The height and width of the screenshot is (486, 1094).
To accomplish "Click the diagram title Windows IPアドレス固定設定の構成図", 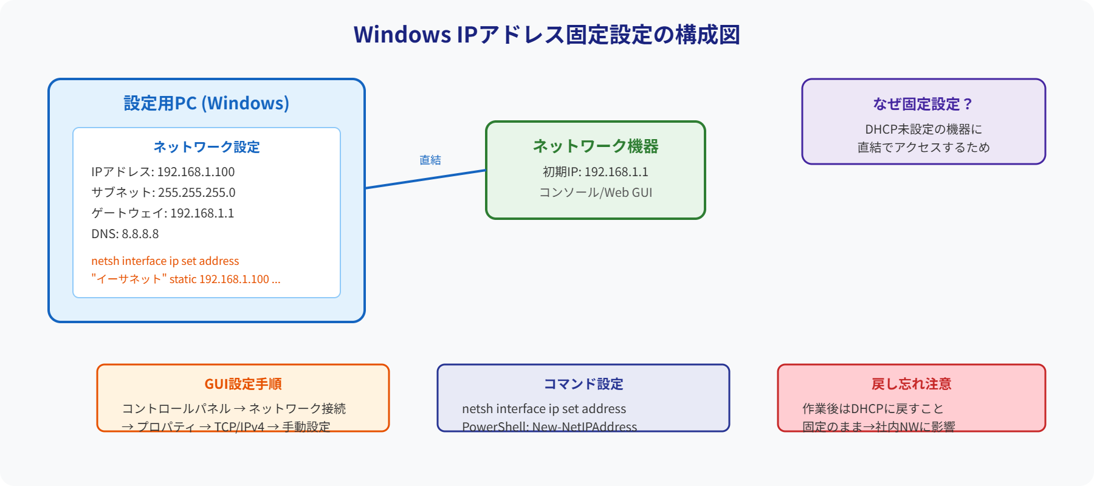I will click(546, 35).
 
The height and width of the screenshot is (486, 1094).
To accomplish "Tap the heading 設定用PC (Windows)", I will click(207, 103).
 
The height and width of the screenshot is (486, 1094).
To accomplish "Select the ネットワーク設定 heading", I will click(207, 147).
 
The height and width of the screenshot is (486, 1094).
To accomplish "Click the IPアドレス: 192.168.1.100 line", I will click(163, 172).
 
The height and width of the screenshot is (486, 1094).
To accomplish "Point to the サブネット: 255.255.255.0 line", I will click(163, 193).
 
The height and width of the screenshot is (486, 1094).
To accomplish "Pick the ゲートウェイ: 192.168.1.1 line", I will click(162, 213).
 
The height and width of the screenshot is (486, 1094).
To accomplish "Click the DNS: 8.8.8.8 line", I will click(125, 234).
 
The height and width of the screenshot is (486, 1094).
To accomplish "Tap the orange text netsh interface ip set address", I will click(165, 261).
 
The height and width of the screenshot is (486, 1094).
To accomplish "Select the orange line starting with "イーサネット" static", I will click(186, 279).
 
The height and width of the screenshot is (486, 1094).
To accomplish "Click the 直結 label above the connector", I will click(430, 160).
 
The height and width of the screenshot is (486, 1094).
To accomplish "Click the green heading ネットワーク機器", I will click(596, 146).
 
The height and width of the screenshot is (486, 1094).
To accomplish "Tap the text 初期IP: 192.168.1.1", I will click(596, 172).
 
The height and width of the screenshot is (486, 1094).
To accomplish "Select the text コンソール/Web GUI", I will click(596, 193).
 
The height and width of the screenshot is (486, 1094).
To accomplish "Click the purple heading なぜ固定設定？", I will click(923, 104).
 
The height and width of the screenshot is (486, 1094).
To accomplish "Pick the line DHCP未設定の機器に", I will click(923, 129).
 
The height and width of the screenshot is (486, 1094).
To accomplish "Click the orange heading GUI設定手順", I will click(243, 384).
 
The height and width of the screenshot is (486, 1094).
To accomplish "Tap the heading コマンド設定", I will click(583, 384).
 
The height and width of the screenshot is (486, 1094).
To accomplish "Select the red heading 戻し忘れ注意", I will click(911, 384).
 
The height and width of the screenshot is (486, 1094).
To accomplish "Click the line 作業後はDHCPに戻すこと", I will click(873, 409).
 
